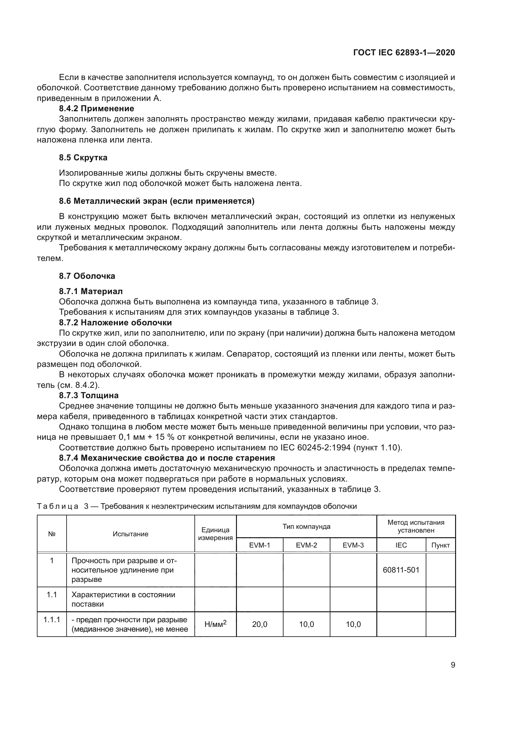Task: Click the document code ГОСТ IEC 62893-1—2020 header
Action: pyautogui.click(x=404, y=53)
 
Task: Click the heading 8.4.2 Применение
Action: pyautogui.click(x=97, y=108)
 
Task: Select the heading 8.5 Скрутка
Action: pyautogui.click(x=83, y=158)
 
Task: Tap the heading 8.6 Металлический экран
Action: pyautogui.click(x=157, y=201)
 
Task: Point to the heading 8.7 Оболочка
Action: pyautogui.click(x=87, y=276)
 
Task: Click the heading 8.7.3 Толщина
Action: pyautogui.click(x=88, y=395)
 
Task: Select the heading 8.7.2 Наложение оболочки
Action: pyautogui.click(x=115, y=323)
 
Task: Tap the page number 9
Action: pyautogui.click(x=453, y=665)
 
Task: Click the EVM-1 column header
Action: pyautogui.click(x=259, y=545)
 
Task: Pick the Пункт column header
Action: pyautogui.click(x=440, y=545)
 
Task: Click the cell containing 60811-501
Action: pyautogui.click(x=401, y=570)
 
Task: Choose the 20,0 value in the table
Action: pyautogui.click(x=259, y=624)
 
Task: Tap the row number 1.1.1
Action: pyautogui.click(x=52, y=619)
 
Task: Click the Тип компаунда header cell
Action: pyautogui.click(x=306, y=527)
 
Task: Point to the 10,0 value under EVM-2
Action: pyautogui.click(x=306, y=624)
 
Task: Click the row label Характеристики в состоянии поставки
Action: pyautogui.click(x=123, y=599)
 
